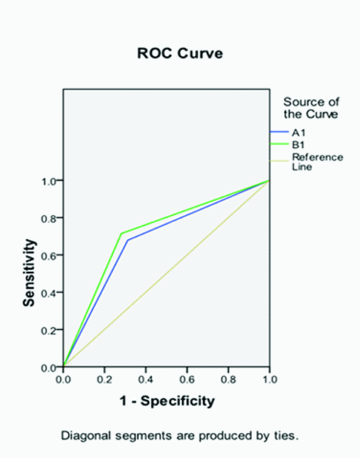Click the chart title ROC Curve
(180, 53)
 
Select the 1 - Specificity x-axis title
(167, 401)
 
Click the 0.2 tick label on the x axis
(105, 380)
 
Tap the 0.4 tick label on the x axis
(146, 380)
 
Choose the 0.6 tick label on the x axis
(187, 380)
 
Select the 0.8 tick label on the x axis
(228, 380)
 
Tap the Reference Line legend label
(317, 162)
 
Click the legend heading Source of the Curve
(310, 108)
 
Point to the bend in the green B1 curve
(121, 234)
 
